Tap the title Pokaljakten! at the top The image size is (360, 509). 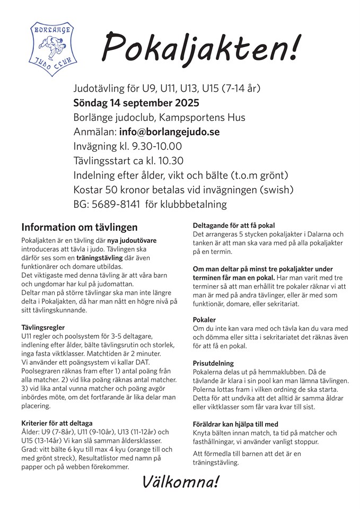tap(200, 47)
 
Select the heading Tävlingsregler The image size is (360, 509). tap(43, 328)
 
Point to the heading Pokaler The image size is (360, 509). tap(204, 320)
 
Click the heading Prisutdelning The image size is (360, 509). tap(213, 363)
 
